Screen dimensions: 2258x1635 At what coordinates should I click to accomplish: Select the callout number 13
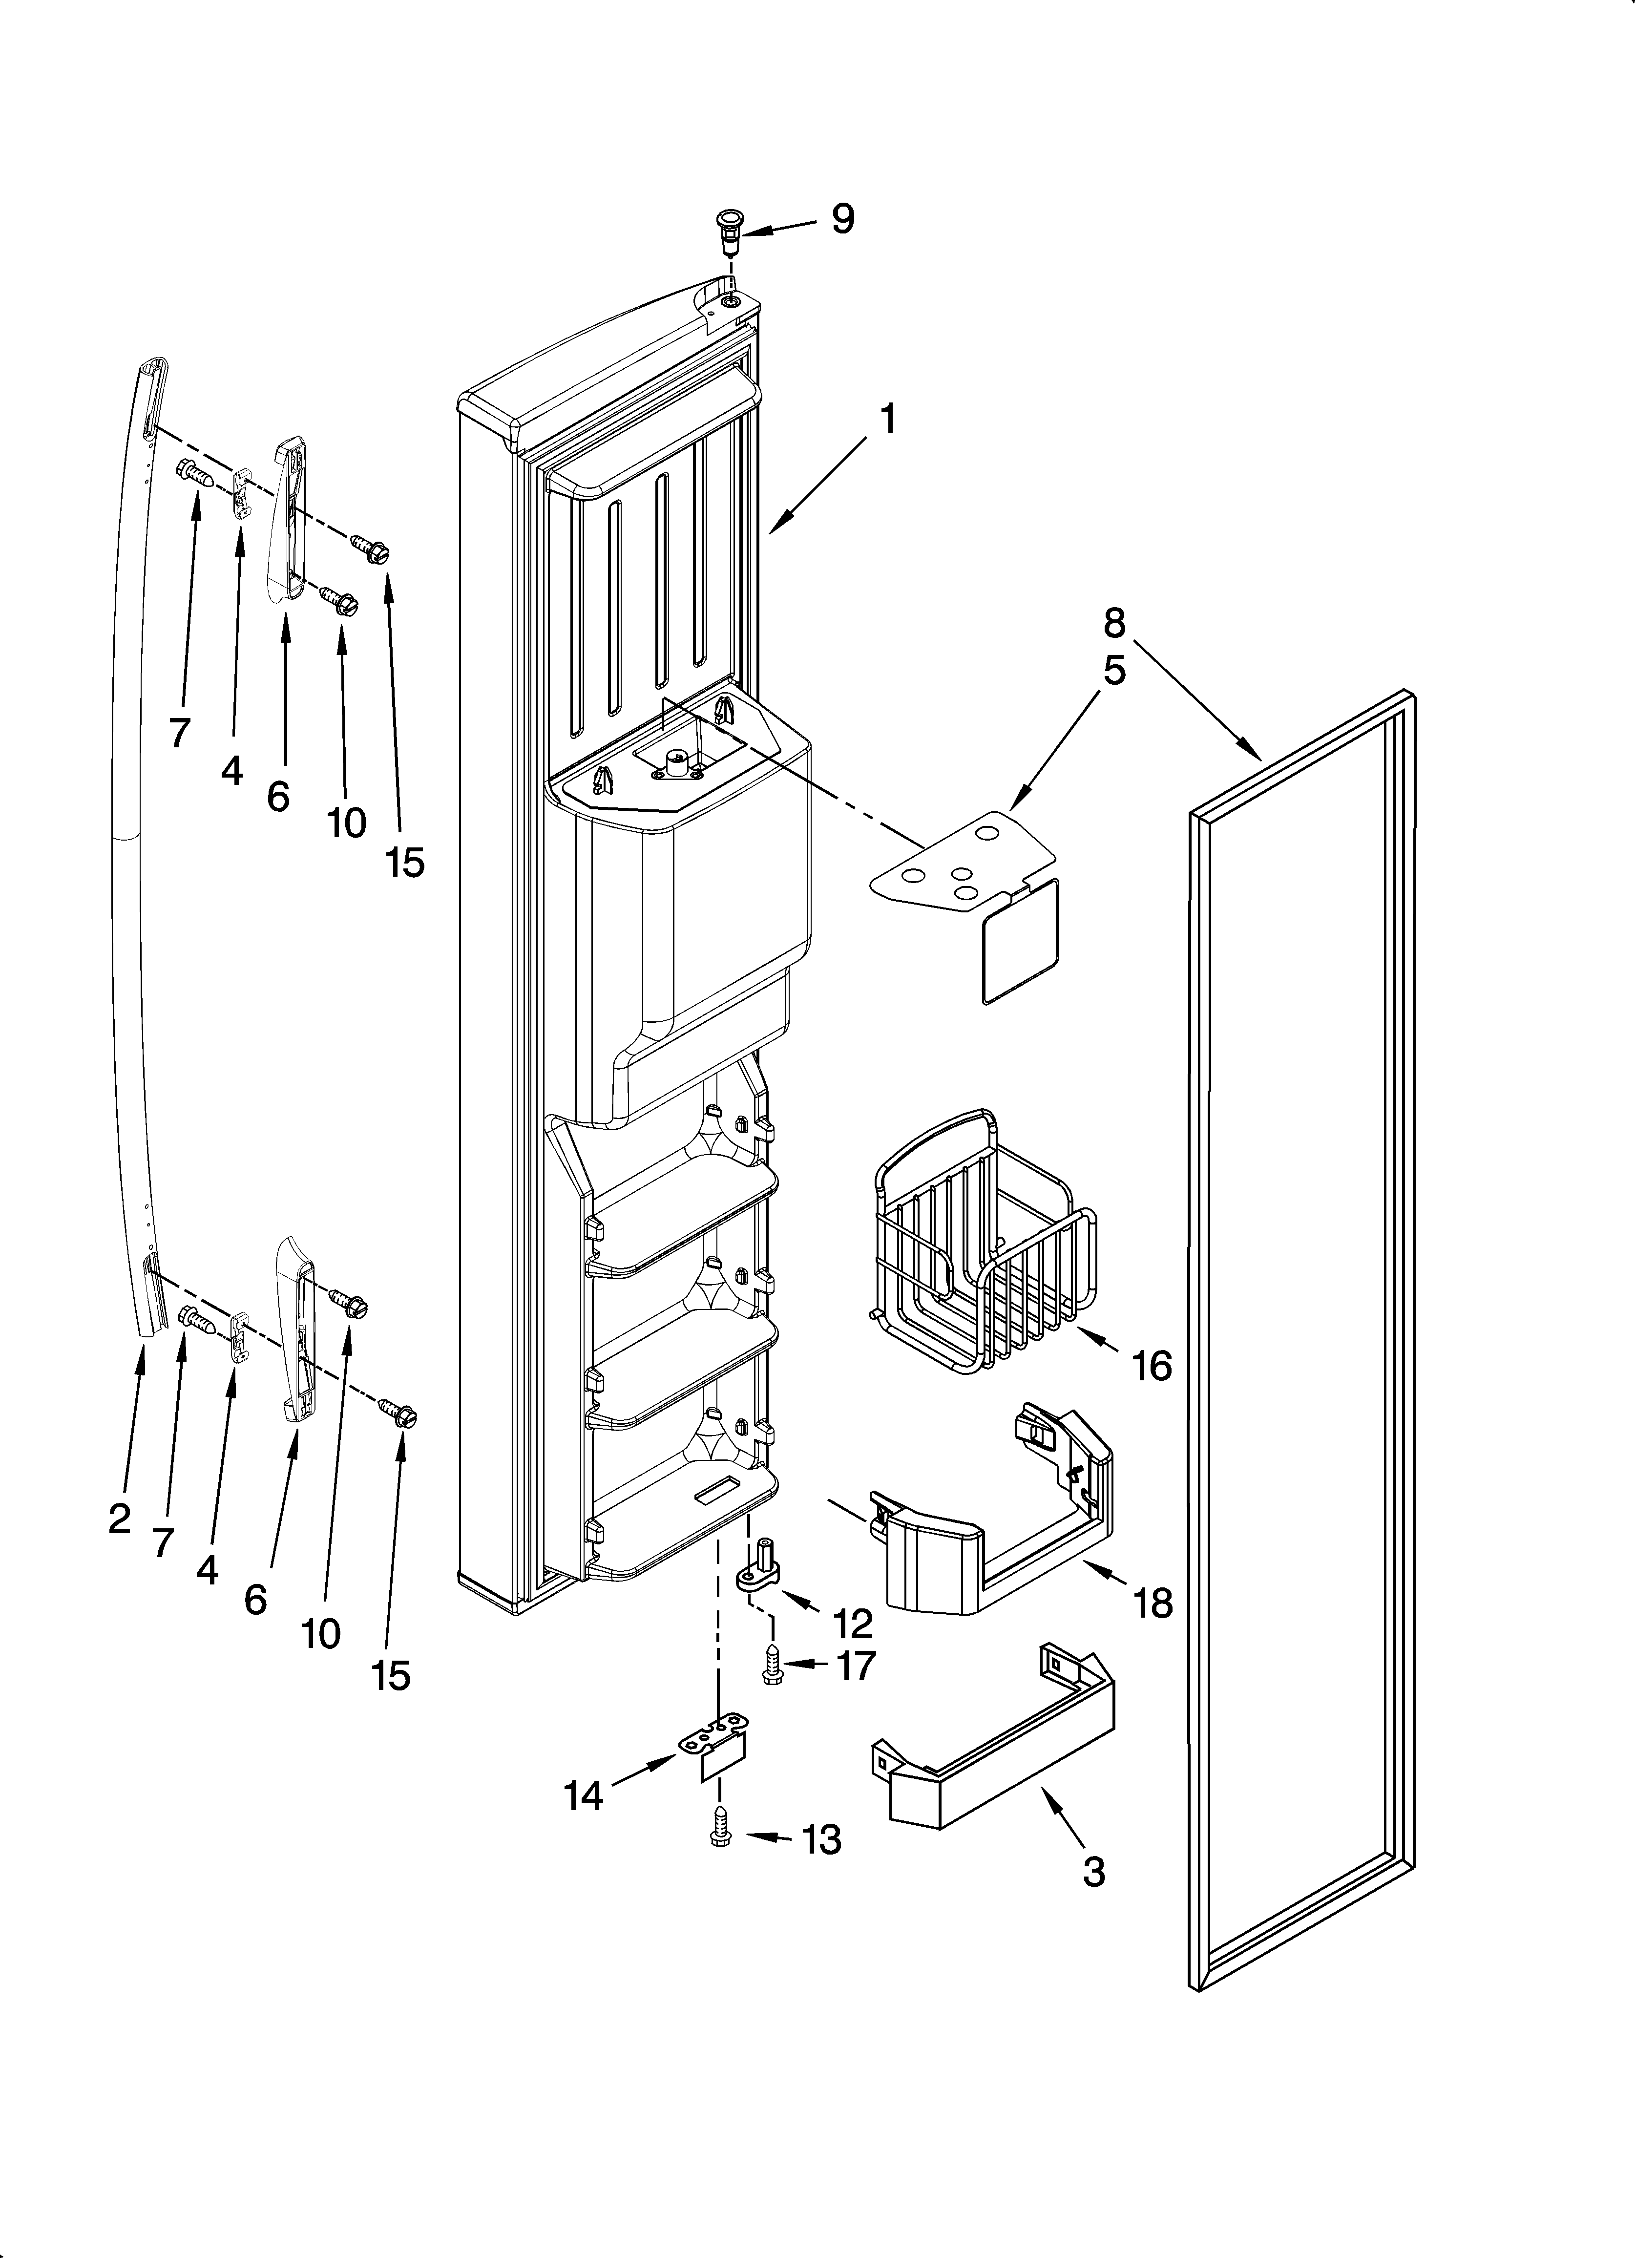point(821,1840)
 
